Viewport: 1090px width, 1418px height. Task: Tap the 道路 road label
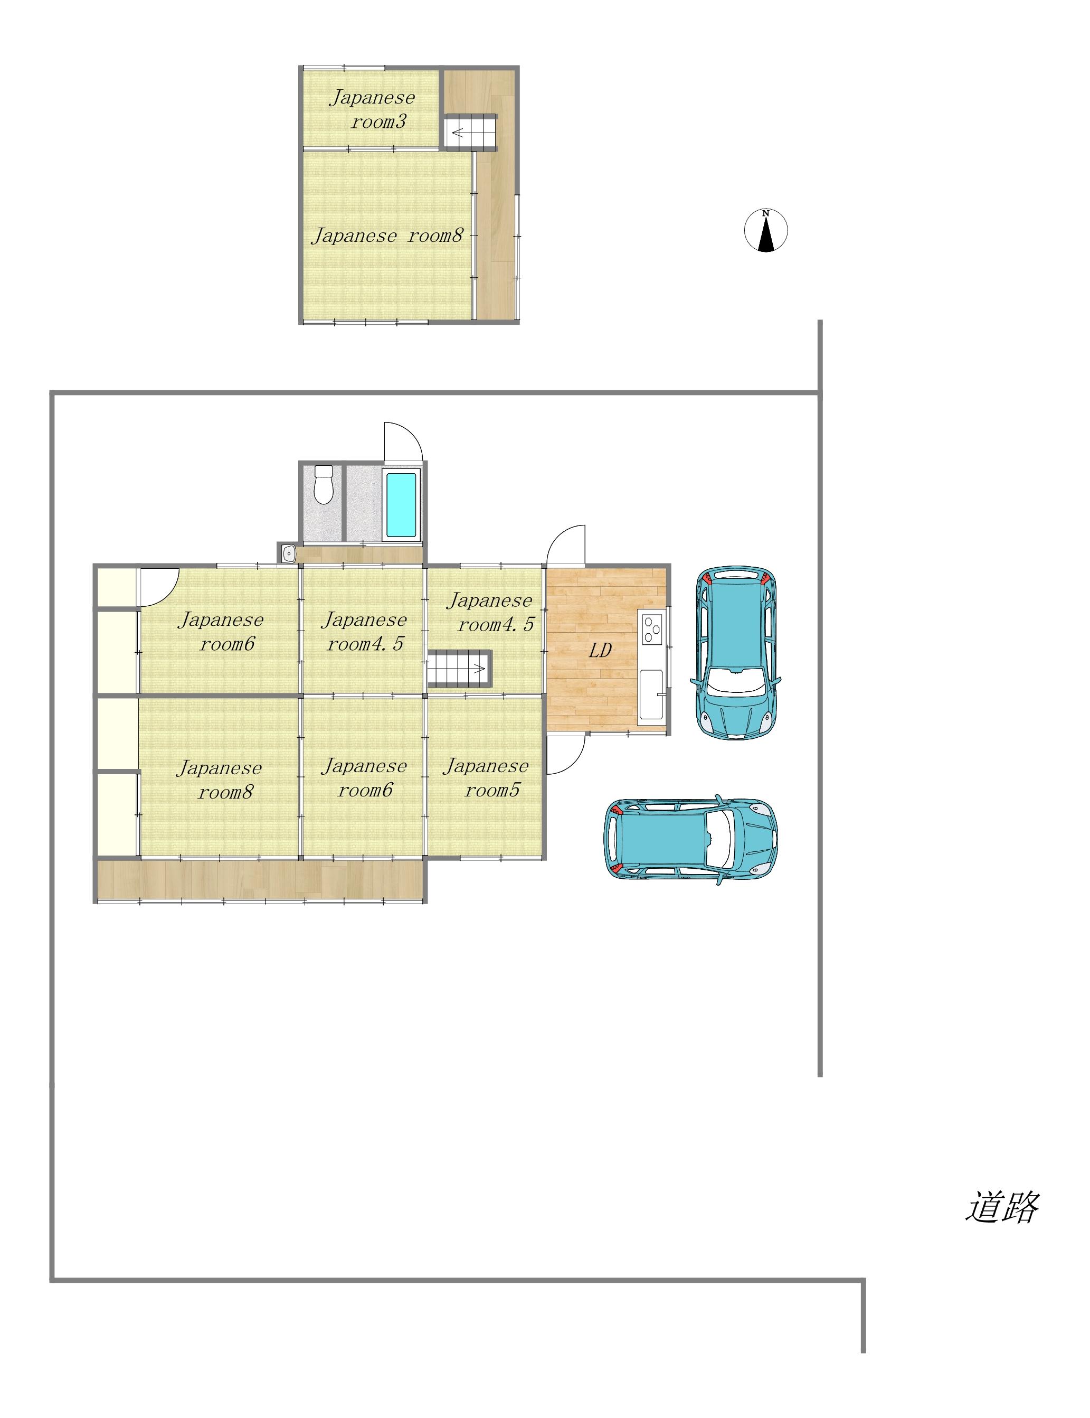pyautogui.click(x=1002, y=1206)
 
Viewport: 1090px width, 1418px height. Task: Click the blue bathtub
pyautogui.click(x=401, y=504)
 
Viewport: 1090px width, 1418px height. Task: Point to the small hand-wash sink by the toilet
pyautogui.click(x=289, y=553)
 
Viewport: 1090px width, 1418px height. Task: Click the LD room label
pyautogui.click(x=600, y=650)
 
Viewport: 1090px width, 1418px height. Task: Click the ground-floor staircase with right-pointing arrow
pyautogui.click(x=459, y=669)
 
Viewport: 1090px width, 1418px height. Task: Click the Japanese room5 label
pyautogui.click(x=487, y=777)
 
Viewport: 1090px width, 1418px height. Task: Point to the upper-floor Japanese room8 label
pyautogui.click(x=388, y=235)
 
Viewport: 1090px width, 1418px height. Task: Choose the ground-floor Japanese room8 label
pyautogui.click(x=220, y=780)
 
